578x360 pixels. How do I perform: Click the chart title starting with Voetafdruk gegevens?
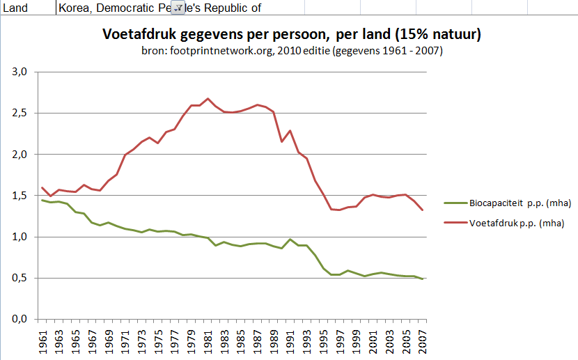(x=292, y=35)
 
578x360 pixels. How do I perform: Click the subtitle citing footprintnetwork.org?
(x=292, y=51)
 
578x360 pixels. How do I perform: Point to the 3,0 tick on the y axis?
(x=20, y=72)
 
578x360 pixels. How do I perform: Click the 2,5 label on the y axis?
(x=20, y=113)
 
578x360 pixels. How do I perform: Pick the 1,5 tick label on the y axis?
(x=20, y=196)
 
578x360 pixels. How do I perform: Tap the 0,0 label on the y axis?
(x=20, y=319)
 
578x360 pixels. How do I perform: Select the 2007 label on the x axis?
(x=423, y=341)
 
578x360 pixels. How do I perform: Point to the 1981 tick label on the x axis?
(x=207, y=341)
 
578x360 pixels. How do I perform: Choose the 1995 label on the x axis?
(x=323, y=341)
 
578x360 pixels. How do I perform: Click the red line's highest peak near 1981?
(x=207, y=98)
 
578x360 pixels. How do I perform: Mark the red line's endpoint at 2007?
(x=423, y=210)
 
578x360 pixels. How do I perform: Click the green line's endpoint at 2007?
(x=423, y=279)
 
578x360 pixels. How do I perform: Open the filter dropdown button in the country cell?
(x=177, y=8)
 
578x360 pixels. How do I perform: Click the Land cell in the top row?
(x=15, y=8)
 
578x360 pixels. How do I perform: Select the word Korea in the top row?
(x=73, y=8)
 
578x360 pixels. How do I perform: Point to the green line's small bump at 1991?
(x=290, y=240)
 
